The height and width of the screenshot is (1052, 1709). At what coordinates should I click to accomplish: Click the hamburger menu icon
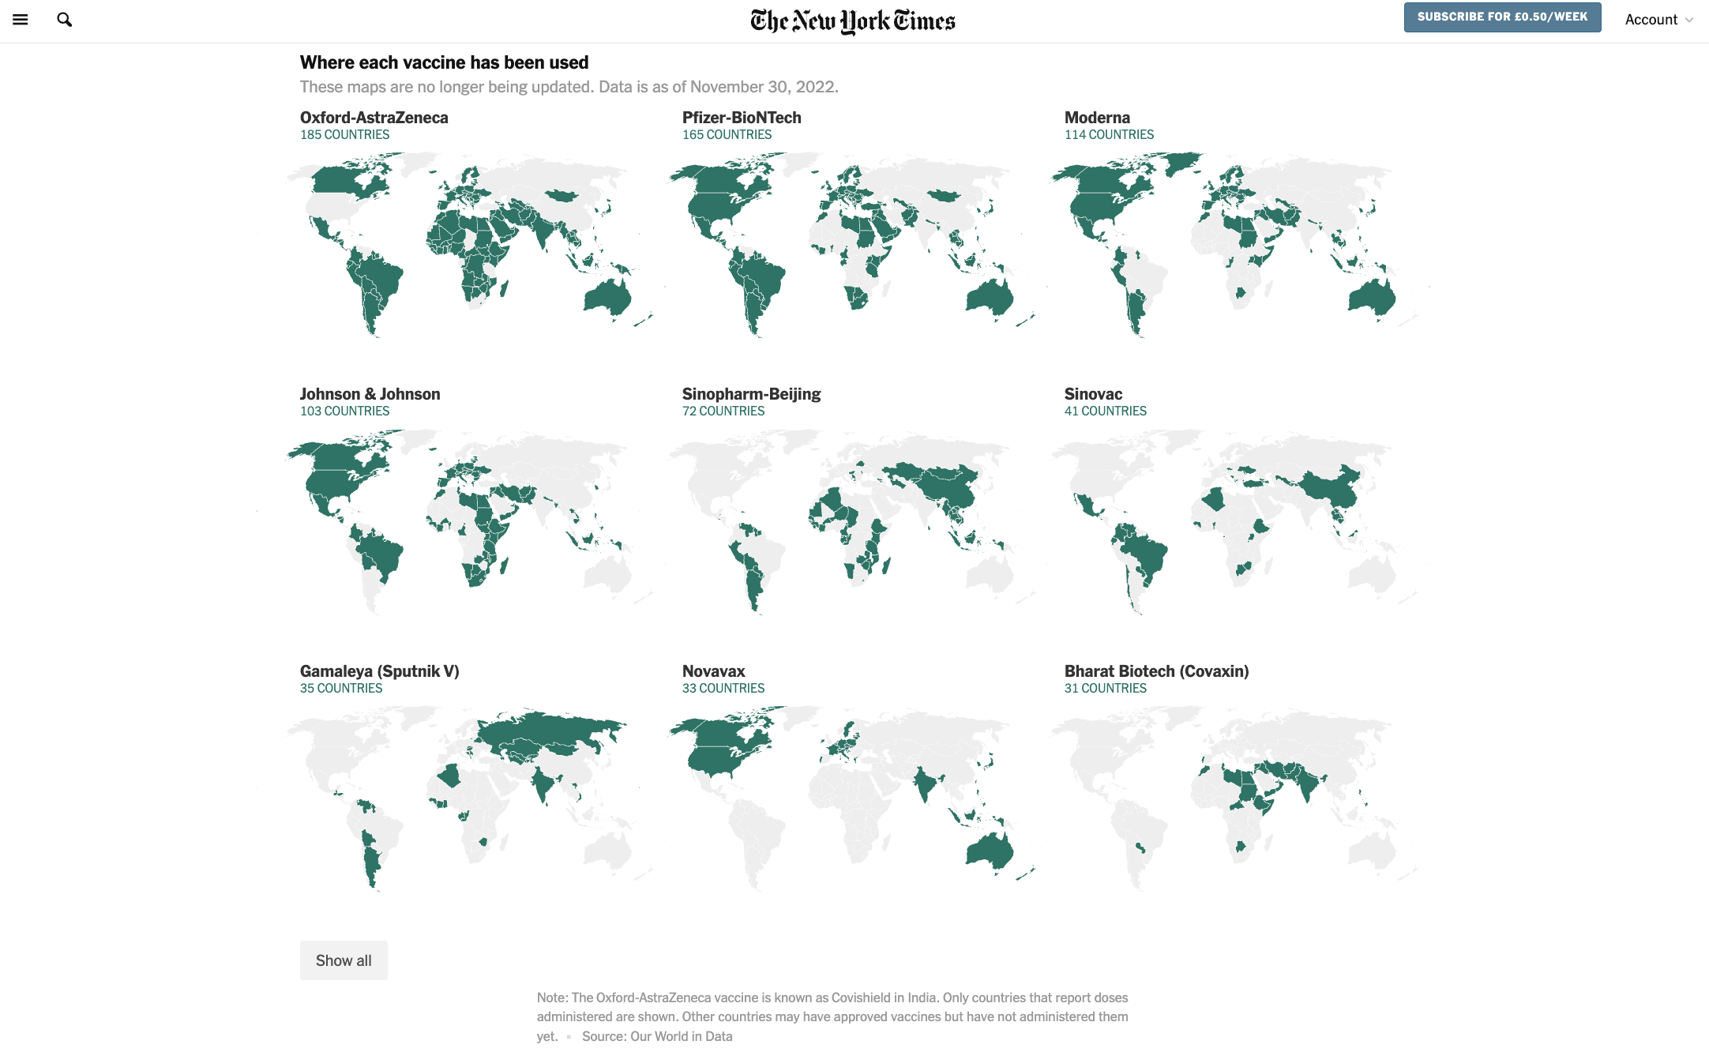[21, 20]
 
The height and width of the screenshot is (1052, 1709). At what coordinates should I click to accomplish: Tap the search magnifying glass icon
[65, 20]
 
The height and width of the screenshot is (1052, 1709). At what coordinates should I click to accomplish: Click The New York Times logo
[853, 21]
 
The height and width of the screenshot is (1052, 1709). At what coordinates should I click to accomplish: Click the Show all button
[344, 960]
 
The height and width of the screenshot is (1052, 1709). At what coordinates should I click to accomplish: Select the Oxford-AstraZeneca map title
[374, 118]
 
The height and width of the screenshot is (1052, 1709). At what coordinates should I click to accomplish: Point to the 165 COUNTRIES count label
[727, 135]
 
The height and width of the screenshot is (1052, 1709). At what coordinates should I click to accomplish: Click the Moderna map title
[1097, 118]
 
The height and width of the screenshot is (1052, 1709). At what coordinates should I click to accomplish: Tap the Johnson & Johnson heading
[370, 394]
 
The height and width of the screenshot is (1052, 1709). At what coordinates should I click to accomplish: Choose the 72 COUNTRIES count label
[723, 411]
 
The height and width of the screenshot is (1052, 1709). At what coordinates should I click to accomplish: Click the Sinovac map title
[1093, 394]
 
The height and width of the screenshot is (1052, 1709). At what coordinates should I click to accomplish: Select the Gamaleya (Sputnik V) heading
[380, 671]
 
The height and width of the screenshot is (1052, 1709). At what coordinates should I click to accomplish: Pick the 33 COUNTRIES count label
[723, 689]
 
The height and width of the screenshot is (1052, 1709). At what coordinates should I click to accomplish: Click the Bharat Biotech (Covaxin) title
[1156, 671]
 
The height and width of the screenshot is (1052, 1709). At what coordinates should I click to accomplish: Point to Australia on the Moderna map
[1372, 297]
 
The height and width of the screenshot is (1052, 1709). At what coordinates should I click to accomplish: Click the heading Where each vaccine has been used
[445, 62]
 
